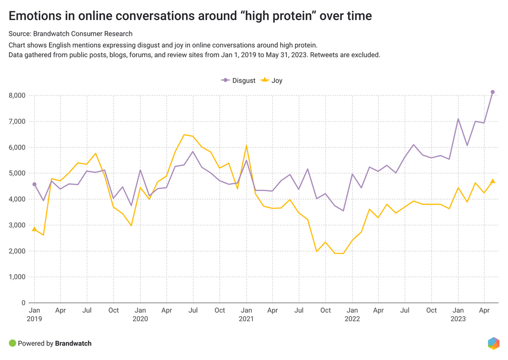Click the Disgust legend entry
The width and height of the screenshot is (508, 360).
[x=239, y=80]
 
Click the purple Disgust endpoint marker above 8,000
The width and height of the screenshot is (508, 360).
[x=493, y=92]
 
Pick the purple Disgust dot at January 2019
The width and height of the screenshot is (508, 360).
[x=34, y=184]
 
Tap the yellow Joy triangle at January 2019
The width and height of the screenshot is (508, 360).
[x=34, y=229]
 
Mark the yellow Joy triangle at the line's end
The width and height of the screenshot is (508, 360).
[x=493, y=181]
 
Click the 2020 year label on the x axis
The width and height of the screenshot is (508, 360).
[x=140, y=319]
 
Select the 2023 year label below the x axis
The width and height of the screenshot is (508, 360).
[x=458, y=319]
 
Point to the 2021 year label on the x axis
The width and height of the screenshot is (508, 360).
[x=246, y=319]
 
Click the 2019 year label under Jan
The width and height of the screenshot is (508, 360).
[x=34, y=319]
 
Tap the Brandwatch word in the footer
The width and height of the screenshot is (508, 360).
[x=73, y=344]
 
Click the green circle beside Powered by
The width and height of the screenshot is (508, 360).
[x=12, y=343]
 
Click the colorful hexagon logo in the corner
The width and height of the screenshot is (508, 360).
[x=493, y=343]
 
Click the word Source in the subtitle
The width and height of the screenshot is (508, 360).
[x=19, y=34]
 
